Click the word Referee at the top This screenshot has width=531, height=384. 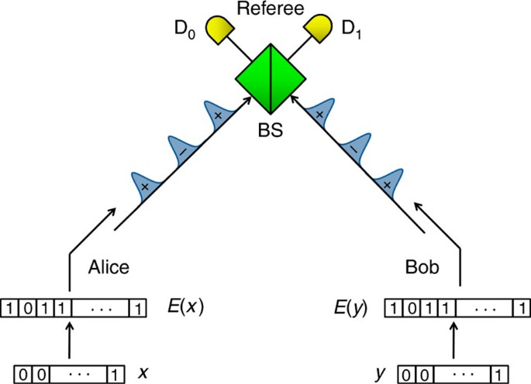click(264, 10)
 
